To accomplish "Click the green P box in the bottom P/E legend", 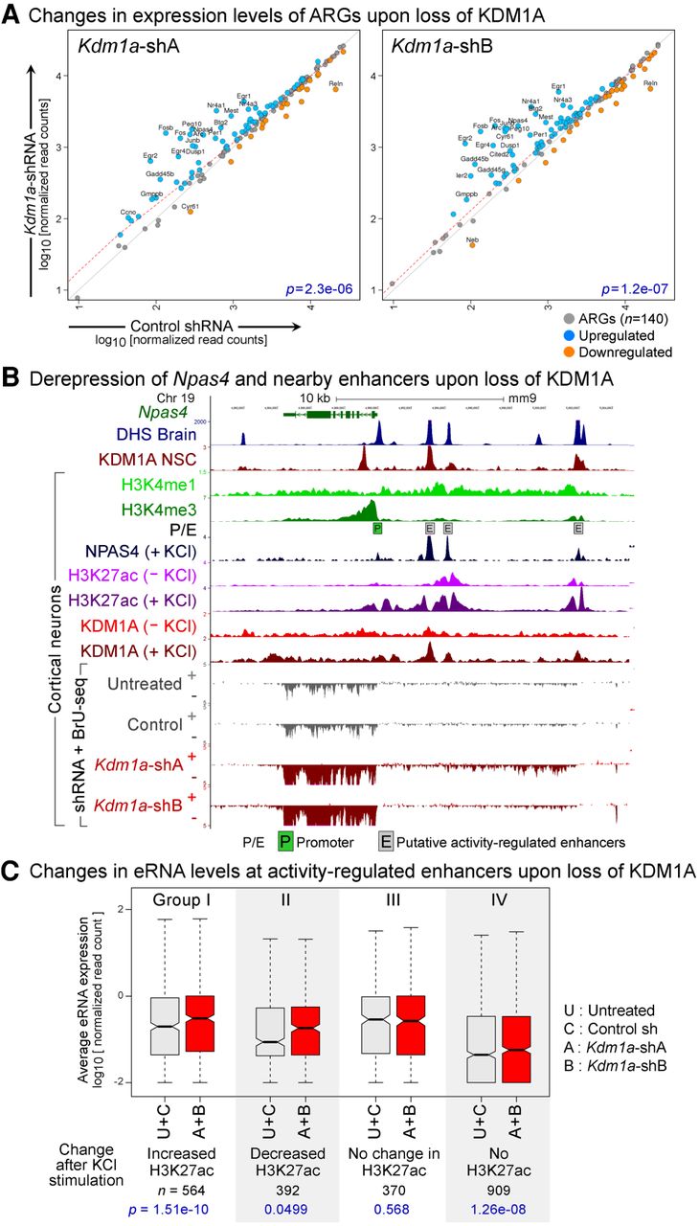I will (285, 842).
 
